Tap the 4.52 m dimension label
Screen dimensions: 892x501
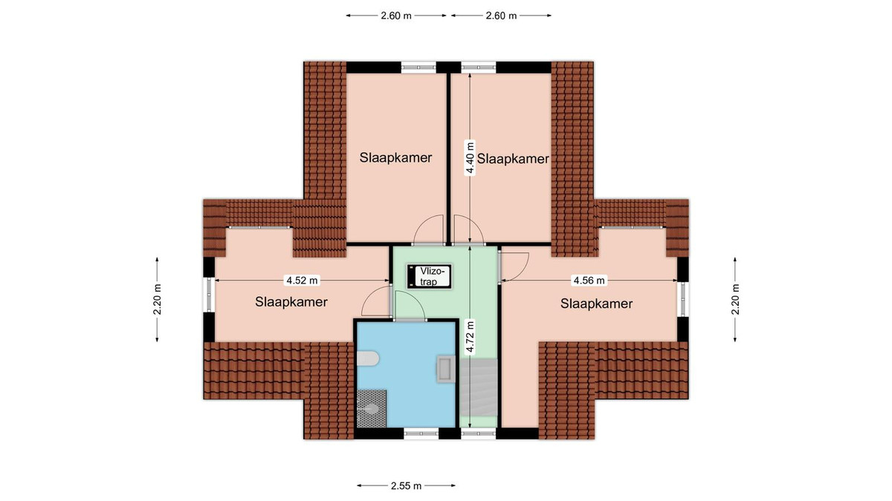303,281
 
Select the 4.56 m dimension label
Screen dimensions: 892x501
589,281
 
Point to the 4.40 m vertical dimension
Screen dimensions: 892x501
471,158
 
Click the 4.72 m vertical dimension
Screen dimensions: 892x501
471,336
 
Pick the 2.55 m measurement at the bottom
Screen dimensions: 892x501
406,485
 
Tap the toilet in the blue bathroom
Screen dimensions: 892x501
367,358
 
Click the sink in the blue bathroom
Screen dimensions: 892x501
445,369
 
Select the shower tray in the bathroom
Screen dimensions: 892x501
372,409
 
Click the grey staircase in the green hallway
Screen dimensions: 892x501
479,387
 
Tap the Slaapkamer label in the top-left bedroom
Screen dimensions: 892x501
395,158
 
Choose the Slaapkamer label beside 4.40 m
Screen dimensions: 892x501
513,159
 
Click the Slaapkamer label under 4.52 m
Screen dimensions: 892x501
291,302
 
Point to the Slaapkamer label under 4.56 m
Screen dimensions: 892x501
596,304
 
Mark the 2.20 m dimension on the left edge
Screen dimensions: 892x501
158,299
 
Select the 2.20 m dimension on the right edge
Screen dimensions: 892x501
735,299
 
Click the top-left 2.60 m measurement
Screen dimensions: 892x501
395,16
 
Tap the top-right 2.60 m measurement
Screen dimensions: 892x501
501,16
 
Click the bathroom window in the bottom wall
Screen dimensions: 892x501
421,433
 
